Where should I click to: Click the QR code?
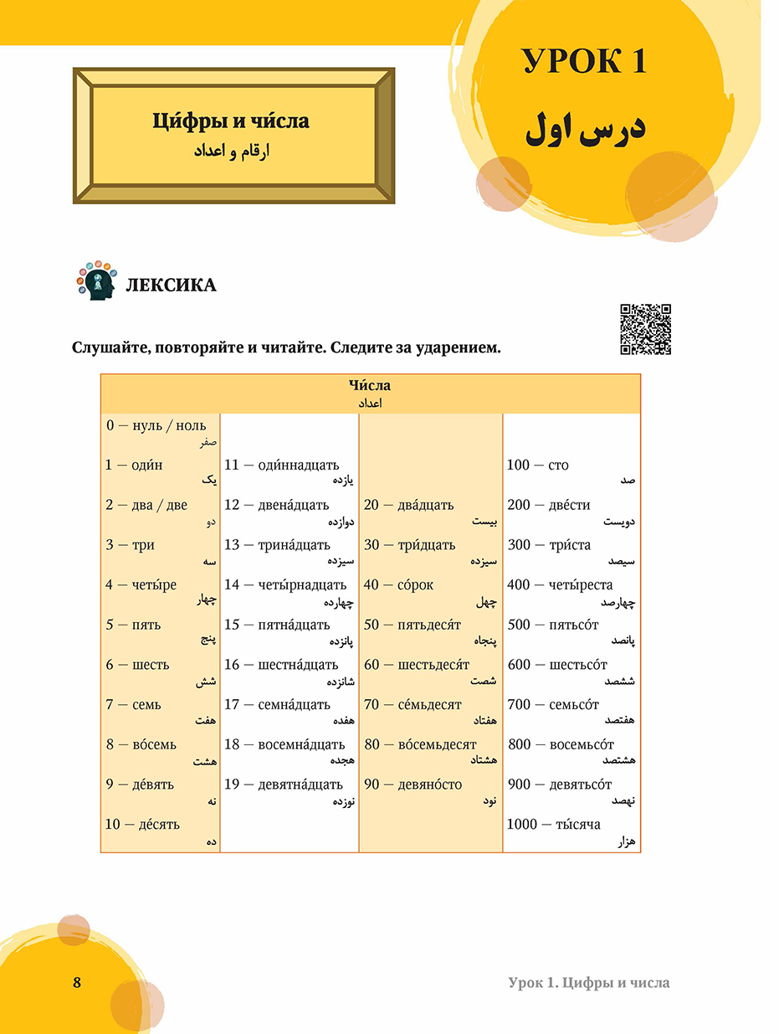click(x=645, y=329)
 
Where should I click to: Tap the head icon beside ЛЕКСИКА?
click(x=96, y=281)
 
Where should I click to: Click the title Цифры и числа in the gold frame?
click(x=231, y=122)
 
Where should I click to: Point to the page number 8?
click(x=77, y=983)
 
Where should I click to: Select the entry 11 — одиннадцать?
click(x=280, y=466)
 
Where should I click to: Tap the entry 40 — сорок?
click(x=398, y=585)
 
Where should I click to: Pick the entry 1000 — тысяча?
click(x=553, y=825)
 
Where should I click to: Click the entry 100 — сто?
click(x=537, y=466)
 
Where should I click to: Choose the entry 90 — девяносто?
click(x=413, y=785)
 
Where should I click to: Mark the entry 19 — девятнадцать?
click(x=284, y=785)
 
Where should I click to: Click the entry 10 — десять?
click(x=142, y=825)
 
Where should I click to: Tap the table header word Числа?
click(x=370, y=386)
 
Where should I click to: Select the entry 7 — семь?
click(x=133, y=705)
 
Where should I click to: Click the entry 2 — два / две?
click(x=146, y=505)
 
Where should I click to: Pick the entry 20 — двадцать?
click(x=408, y=505)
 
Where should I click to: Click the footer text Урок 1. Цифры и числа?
click(x=588, y=983)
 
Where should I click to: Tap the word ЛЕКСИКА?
click(x=170, y=286)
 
